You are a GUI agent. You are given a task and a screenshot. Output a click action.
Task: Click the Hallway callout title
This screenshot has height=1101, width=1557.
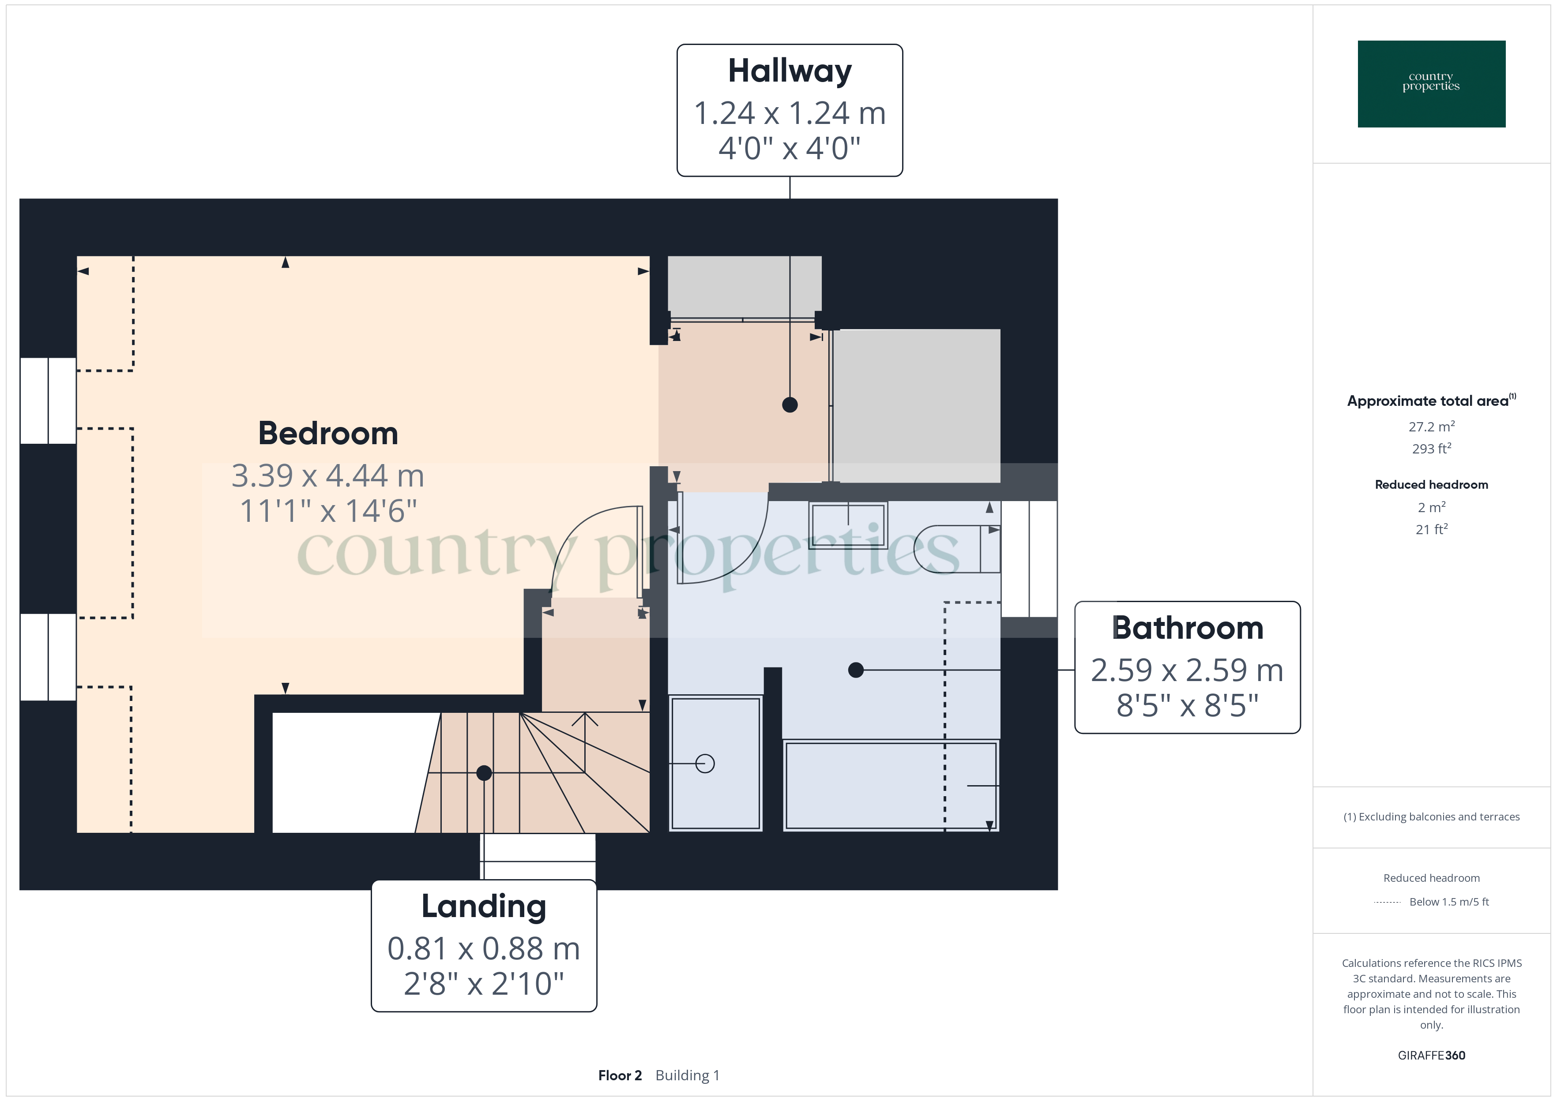click(790, 71)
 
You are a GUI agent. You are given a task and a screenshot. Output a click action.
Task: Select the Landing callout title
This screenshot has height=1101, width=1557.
click(484, 906)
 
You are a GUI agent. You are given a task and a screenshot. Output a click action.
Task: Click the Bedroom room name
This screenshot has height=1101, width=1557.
click(328, 434)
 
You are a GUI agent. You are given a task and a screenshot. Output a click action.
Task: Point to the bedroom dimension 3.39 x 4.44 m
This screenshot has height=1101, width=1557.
click(328, 476)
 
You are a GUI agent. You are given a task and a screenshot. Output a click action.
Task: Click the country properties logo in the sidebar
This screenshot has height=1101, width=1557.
click(1431, 83)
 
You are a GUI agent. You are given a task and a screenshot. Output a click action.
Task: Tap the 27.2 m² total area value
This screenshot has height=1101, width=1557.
click(1431, 427)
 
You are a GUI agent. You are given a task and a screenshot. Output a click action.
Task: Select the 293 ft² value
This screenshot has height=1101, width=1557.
click(1431, 449)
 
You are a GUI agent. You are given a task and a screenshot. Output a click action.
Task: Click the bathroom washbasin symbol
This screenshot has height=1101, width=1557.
click(848, 525)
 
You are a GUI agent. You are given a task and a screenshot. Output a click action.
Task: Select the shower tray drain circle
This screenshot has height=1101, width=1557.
click(705, 764)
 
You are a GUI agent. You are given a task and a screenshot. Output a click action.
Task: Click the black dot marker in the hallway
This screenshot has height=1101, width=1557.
click(790, 405)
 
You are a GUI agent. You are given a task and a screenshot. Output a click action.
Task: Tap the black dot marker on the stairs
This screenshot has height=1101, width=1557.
click(484, 773)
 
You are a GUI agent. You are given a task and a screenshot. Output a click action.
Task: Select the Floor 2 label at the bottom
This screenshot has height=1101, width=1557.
click(620, 1075)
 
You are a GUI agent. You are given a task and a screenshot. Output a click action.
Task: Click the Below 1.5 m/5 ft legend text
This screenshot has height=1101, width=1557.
click(1448, 902)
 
